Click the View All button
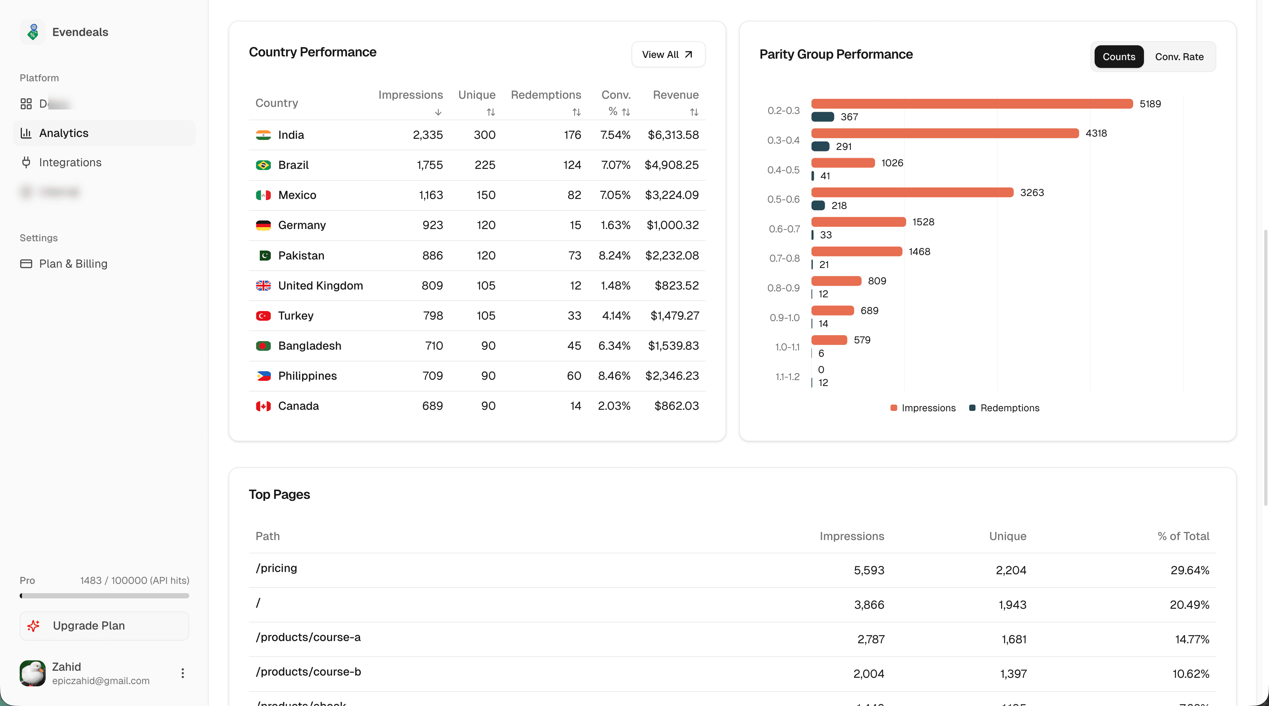pos(668,54)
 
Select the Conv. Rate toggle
pos(1179,57)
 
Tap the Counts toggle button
pos(1118,57)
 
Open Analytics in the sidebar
pos(63,133)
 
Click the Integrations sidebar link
pos(70,163)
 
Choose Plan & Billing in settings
pos(73,264)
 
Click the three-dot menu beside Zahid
pos(182,673)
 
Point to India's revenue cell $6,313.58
pos(673,135)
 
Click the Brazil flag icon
pos(263,165)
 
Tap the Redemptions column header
pos(546,95)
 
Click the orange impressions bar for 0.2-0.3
pos(971,104)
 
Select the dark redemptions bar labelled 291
pos(820,146)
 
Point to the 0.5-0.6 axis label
pos(783,199)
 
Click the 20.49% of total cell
pos(1189,605)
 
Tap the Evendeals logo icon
pos(33,32)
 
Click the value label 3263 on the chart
pos(1032,193)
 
